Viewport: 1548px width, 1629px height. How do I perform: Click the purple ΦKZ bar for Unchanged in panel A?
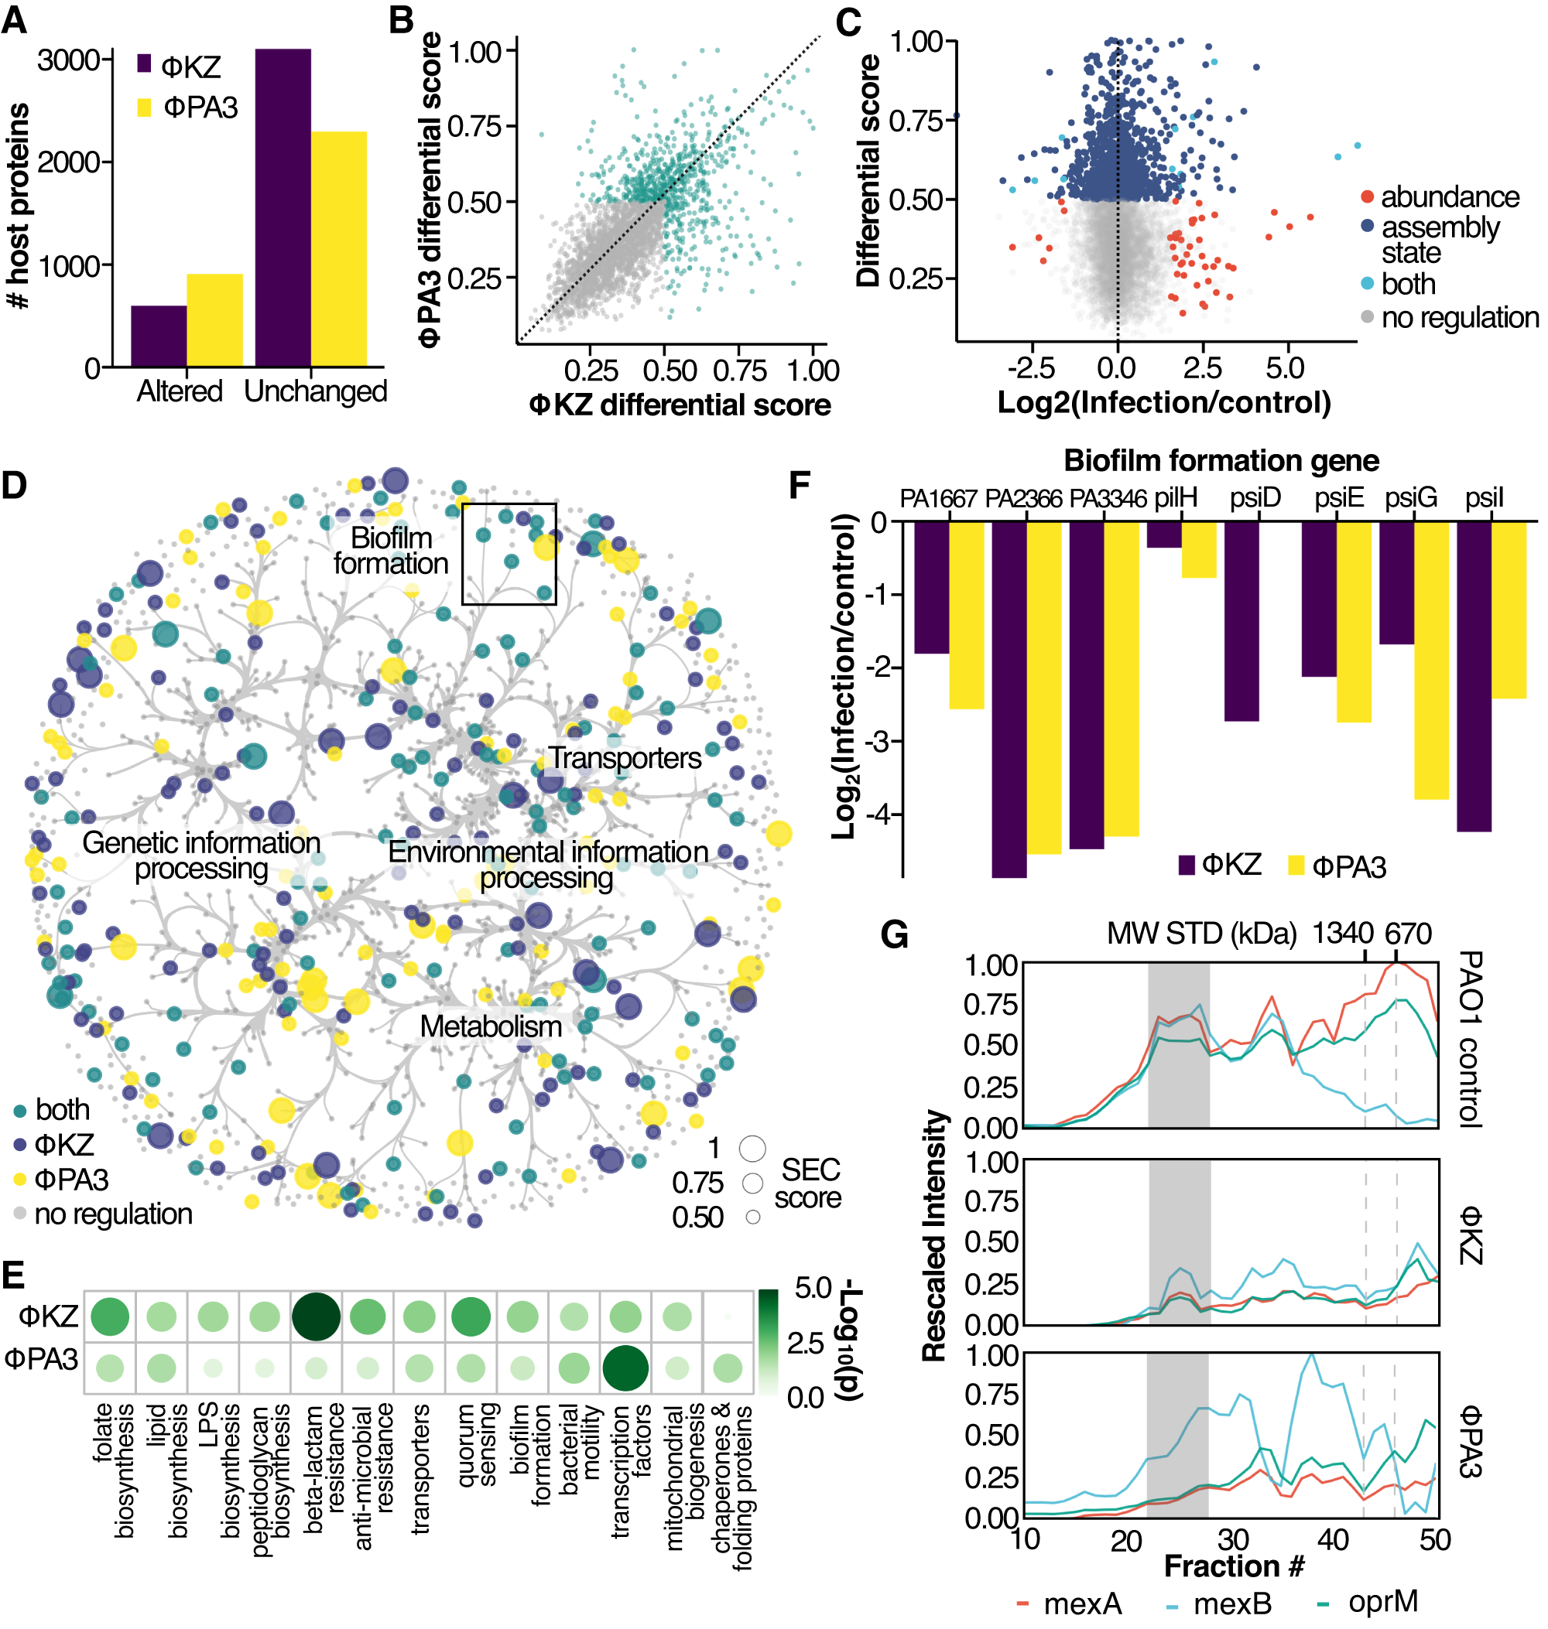coord(283,207)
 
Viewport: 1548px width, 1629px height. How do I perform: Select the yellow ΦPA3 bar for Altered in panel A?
coord(214,320)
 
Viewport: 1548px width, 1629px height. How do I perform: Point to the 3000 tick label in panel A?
coord(68,60)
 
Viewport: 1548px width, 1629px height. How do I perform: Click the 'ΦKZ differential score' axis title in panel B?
coord(680,405)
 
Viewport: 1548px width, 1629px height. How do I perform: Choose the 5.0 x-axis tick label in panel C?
coord(1285,368)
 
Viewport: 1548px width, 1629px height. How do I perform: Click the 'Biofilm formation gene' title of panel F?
coord(1221,460)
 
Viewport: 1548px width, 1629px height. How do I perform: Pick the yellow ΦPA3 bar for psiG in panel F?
coord(1431,660)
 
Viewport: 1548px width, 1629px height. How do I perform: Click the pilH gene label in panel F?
coord(1176,498)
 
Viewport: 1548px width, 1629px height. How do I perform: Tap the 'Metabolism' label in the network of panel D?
coord(490,1026)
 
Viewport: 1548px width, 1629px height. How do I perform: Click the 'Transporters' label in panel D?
coord(625,758)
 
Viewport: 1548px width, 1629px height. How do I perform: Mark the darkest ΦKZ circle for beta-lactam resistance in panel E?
coord(315,1317)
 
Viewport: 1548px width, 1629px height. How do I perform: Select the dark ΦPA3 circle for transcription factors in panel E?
coord(625,1368)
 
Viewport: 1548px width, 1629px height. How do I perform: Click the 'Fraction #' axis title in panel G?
coord(1234,1566)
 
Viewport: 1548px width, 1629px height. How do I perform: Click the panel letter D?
coord(14,486)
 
